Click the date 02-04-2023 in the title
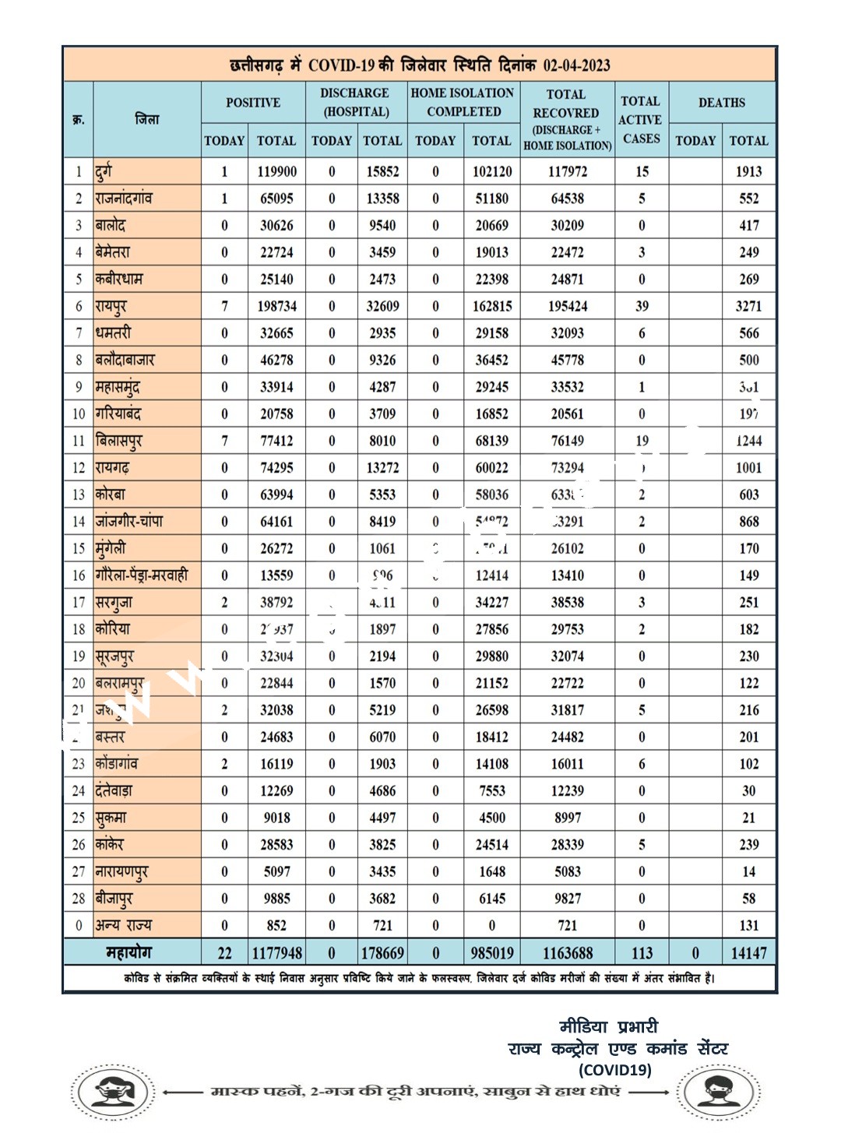[x=576, y=65]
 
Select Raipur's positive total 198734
[x=276, y=306]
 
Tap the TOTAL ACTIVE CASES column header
[x=641, y=120]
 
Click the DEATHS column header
[x=721, y=103]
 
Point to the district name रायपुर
[x=111, y=306]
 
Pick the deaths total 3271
[x=748, y=306]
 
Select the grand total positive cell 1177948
[x=276, y=953]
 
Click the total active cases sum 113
[x=642, y=953]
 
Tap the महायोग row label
[x=129, y=952]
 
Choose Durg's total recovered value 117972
[x=567, y=171]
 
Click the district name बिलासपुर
[x=118, y=441]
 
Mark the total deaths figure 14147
[x=748, y=953]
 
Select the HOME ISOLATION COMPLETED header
[x=463, y=102]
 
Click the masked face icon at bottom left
[x=113, y=1092]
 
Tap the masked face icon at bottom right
[x=718, y=1092]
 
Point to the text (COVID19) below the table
[x=614, y=1069]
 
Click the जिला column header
[x=146, y=119]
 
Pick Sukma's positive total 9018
[x=276, y=818]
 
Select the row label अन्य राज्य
[x=123, y=926]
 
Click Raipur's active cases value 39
[x=642, y=306]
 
